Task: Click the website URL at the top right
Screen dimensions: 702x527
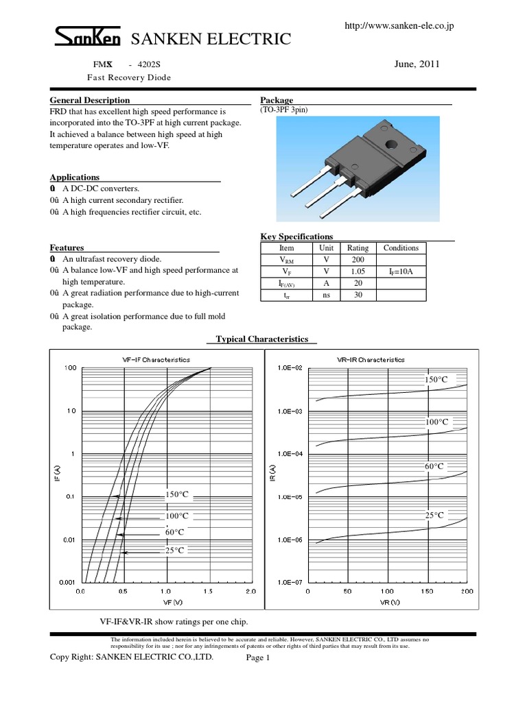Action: (398, 25)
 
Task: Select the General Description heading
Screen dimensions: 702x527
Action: (90, 100)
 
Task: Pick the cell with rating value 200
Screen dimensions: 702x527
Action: (358, 260)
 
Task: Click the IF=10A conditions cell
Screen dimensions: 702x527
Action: (400, 271)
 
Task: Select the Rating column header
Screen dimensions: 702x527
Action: (358, 248)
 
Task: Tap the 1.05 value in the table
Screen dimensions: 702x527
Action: (358, 271)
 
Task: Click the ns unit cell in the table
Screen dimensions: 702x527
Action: (325, 295)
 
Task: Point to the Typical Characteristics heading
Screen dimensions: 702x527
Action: (262, 339)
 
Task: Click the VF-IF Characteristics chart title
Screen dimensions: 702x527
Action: (156, 359)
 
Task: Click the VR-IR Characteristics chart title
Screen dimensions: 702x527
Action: (371, 359)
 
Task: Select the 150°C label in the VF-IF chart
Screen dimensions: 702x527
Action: (176, 494)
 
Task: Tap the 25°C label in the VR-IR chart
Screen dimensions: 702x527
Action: (434, 515)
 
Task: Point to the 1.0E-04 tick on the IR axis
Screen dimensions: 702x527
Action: (288, 454)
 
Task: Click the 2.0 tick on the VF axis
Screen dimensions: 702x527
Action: (250, 590)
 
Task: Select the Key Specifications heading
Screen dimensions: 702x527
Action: (296, 237)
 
